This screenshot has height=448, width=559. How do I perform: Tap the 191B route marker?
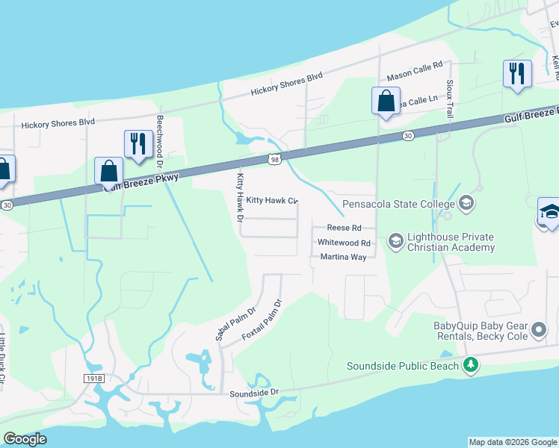pyautogui.click(x=93, y=379)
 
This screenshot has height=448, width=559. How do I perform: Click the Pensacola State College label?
pyautogui.click(x=398, y=204)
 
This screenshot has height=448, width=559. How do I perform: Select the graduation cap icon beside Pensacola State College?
pyautogui.click(x=466, y=203)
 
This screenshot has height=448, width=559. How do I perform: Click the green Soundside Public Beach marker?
pyautogui.click(x=471, y=365)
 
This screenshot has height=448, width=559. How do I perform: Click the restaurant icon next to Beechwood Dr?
pyautogui.click(x=138, y=144)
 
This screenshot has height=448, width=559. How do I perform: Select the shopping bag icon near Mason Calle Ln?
pyautogui.click(x=386, y=102)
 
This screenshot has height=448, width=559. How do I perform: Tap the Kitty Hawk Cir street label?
pyautogui.click(x=272, y=201)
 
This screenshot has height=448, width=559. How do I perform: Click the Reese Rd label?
pyautogui.click(x=345, y=228)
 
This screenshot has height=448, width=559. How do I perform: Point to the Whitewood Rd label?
pyautogui.click(x=344, y=243)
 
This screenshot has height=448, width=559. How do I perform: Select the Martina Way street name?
pyautogui.click(x=343, y=257)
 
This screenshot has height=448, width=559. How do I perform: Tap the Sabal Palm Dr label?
pyautogui.click(x=235, y=323)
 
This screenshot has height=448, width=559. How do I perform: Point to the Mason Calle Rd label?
pyautogui.click(x=415, y=72)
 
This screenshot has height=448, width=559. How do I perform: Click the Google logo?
pyautogui.click(x=25, y=439)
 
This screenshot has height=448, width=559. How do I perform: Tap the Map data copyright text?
pyautogui.click(x=512, y=442)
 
